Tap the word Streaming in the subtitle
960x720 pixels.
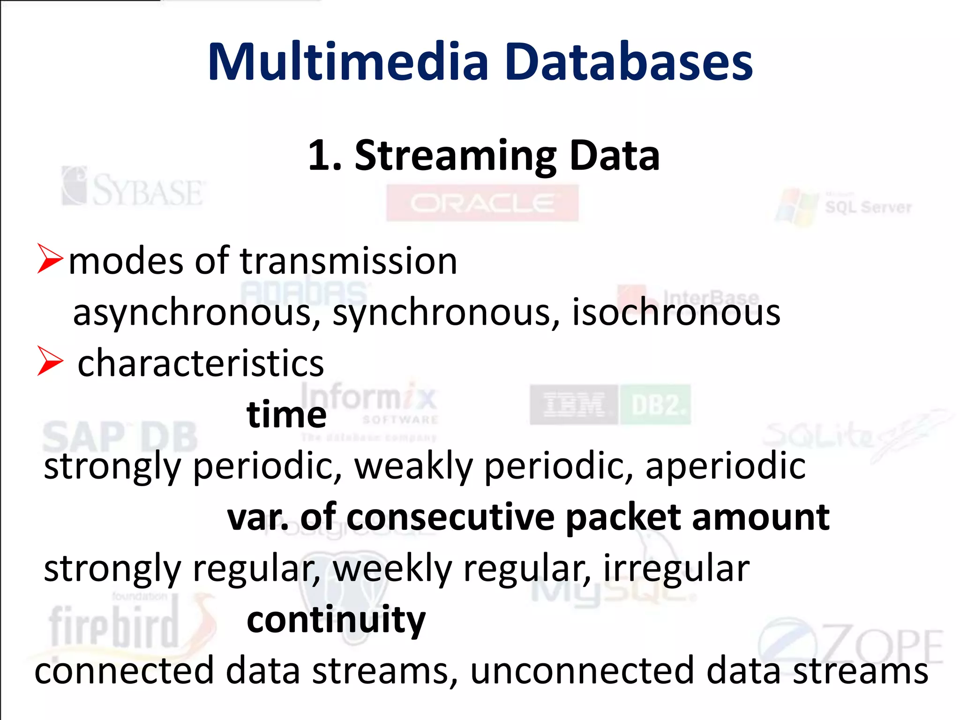455,156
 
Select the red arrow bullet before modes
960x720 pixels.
50,258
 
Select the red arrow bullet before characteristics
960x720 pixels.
50,361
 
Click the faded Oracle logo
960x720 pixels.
482,203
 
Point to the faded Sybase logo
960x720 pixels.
133,187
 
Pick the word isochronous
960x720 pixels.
676,313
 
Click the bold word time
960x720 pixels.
286,415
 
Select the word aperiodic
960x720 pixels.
725,466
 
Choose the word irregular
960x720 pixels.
676,569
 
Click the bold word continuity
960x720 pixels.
336,620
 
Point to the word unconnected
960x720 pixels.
583,671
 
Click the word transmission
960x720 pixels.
348,261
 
